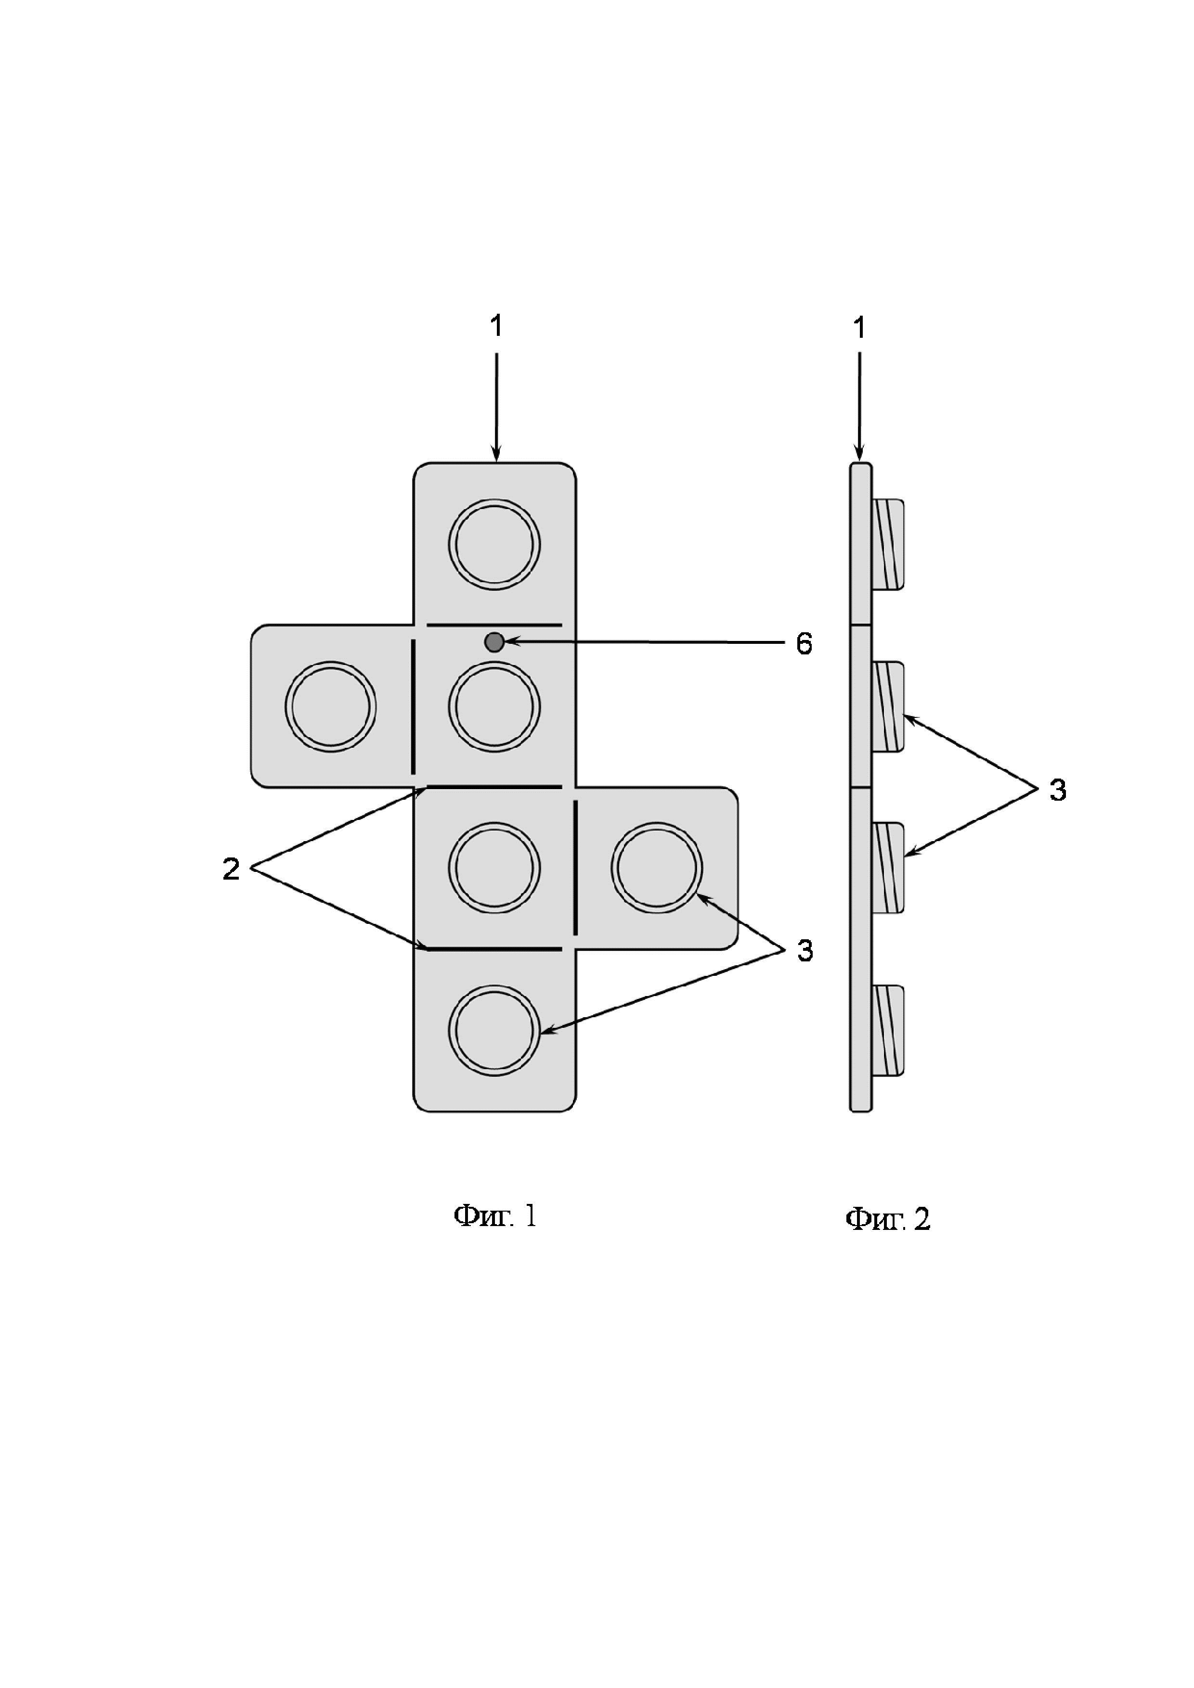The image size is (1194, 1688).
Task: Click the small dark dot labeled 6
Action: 494,642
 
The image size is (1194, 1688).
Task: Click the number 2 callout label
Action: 231,869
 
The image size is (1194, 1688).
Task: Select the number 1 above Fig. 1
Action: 496,326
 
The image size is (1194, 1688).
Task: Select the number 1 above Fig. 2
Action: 858,328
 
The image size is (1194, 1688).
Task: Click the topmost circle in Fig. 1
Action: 494,544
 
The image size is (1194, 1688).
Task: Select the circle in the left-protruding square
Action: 331,706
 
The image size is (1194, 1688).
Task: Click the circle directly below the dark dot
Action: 494,706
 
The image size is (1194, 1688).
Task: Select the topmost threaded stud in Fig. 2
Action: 888,544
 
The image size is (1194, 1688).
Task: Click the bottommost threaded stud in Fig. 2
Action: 888,1030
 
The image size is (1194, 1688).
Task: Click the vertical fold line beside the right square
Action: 575,868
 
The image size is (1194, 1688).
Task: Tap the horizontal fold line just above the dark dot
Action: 494,626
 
